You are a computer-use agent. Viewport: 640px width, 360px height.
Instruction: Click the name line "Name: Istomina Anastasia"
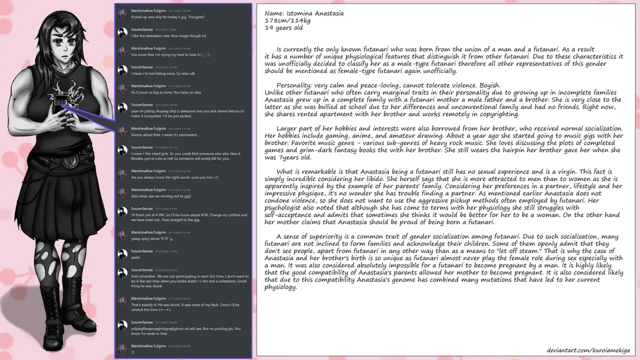[304, 13]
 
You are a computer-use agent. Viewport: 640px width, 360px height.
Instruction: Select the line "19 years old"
[284, 28]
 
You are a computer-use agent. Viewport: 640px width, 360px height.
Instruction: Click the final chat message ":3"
[133, 352]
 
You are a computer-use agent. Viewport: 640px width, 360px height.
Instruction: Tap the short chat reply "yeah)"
[136, 258]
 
